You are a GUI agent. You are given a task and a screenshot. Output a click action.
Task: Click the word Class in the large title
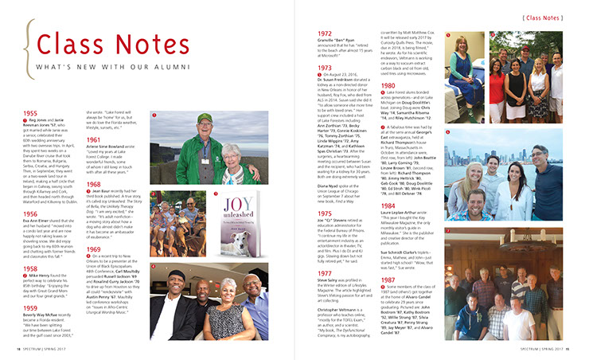point(66,45)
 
